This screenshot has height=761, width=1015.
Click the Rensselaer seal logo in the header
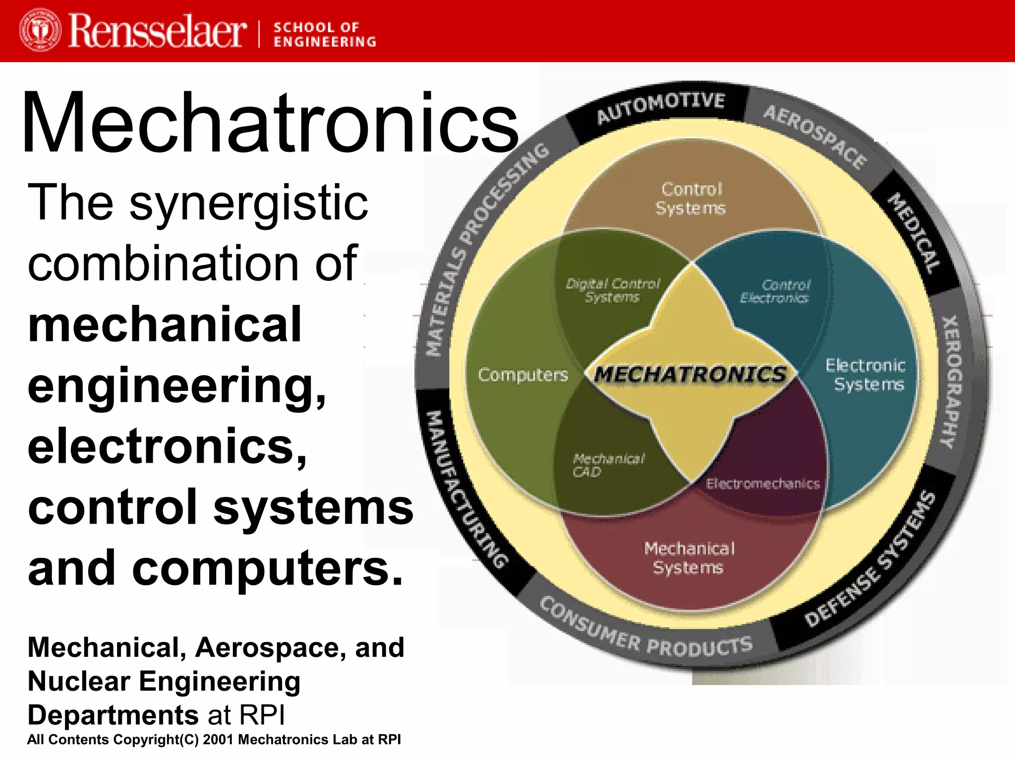click(x=40, y=30)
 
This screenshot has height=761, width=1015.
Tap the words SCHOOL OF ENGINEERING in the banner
click(x=325, y=34)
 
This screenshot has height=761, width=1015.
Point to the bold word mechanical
click(x=165, y=325)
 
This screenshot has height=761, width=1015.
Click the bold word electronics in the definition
click(x=167, y=446)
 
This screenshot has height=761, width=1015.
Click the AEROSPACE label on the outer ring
click(x=814, y=137)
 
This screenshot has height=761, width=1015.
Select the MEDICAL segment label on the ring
click(x=913, y=233)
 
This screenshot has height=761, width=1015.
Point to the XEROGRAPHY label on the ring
click(x=951, y=381)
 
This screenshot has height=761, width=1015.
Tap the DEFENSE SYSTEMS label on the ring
click(x=870, y=559)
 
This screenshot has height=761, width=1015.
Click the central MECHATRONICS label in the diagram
click(x=690, y=374)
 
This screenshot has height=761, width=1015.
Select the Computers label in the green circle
click(x=523, y=375)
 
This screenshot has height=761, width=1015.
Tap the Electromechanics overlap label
click(x=763, y=484)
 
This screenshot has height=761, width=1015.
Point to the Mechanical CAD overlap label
click(x=608, y=465)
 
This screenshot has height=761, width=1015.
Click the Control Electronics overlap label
click(x=776, y=291)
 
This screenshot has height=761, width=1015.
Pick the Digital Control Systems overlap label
click(x=613, y=290)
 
